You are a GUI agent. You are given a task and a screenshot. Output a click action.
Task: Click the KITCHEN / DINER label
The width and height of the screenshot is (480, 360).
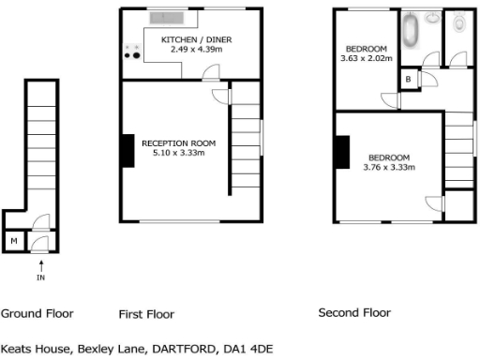tap(196, 40)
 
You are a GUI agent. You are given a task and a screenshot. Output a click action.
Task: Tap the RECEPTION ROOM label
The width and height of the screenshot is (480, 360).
tap(178, 143)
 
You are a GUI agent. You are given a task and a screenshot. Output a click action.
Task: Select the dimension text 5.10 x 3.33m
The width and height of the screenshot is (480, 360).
tap(178, 154)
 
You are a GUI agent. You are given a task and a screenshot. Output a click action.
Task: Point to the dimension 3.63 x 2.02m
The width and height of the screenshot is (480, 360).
tap(366, 58)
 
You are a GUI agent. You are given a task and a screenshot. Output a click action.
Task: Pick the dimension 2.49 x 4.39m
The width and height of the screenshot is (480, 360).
tap(196, 51)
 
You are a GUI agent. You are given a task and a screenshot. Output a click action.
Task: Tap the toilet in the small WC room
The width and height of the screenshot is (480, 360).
tap(458, 22)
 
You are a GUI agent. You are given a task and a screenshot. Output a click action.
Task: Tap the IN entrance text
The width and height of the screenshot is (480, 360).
tap(40, 278)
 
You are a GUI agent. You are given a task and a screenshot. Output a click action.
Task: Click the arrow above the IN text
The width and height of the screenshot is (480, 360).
tap(40, 265)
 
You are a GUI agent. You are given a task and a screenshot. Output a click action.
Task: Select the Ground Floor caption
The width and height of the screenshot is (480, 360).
tap(37, 313)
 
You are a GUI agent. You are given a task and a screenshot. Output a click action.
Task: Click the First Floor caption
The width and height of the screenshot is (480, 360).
tap(146, 313)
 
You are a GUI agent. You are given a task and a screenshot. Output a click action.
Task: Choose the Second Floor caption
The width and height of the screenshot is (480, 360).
tap(354, 313)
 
